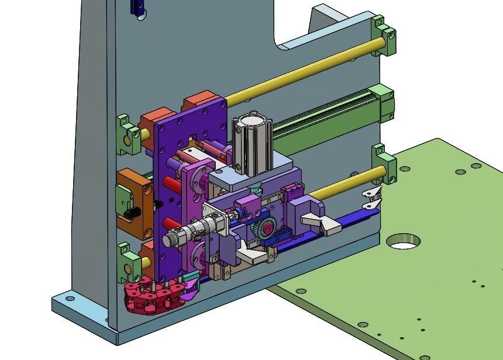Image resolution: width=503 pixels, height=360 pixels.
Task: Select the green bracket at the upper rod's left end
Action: [x=128, y=133]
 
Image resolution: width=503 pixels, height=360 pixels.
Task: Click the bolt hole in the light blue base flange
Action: [x=70, y=299]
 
